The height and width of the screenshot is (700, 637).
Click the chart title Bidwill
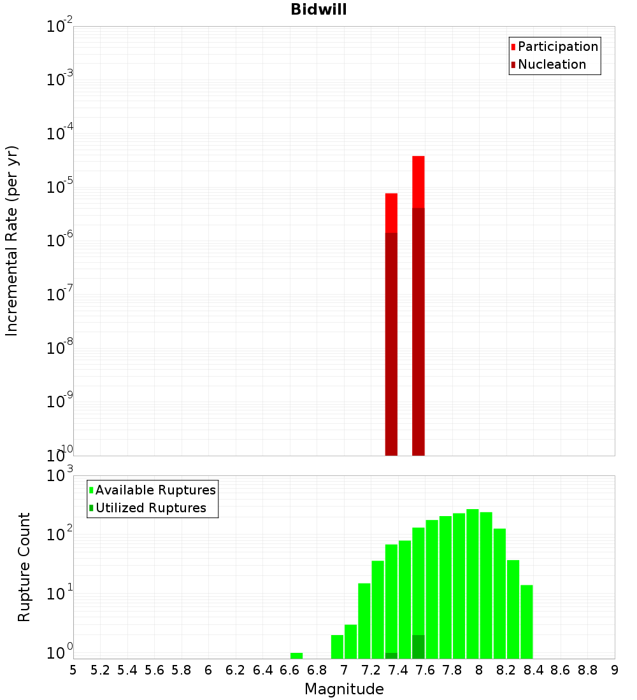(x=318, y=10)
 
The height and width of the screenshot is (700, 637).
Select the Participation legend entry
(x=557, y=46)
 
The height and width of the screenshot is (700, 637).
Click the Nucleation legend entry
(x=552, y=64)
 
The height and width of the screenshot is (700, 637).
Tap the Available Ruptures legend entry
(x=155, y=490)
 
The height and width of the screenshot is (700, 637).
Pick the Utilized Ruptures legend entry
(x=150, y=508)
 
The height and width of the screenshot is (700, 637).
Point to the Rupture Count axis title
(x=24, y=567)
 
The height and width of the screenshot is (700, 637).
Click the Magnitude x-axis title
(x=344, y=689)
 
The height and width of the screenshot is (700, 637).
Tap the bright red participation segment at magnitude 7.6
(x=419, y=181)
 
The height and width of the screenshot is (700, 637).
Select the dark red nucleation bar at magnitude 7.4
(x=391, y=344)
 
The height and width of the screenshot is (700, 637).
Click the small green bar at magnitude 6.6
(x=296, y=655)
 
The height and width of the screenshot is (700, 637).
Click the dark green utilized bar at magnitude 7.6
(x=419, y=647)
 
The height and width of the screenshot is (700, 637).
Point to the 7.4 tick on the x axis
(x=398, y=670)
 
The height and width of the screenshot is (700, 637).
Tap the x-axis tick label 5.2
(x=100, y=670)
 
